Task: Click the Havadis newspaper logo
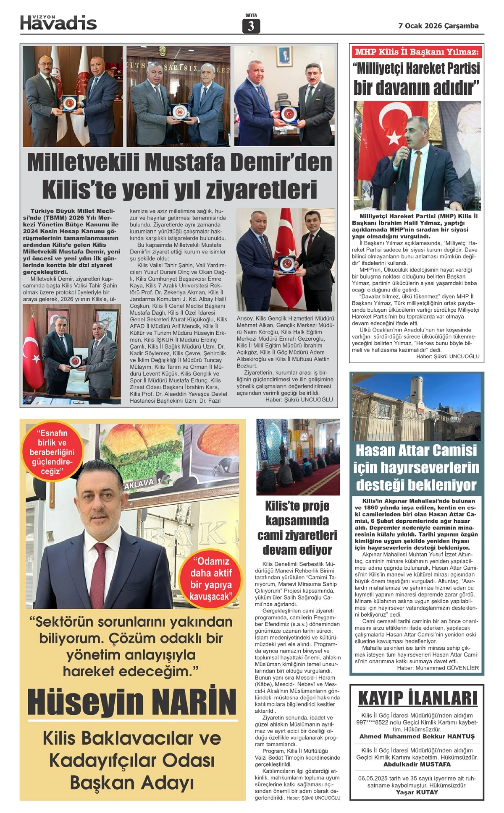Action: tap(58, 23)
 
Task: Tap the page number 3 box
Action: tap(251, 26)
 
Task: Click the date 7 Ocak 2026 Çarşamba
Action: tap(438, 26)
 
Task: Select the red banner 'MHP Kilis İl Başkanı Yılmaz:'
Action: tap(417, 52)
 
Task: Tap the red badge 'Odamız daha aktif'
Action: tap(211, 579)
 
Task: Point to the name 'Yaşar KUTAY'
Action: tap(417, 792)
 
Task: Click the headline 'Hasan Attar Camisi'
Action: tap(416, 451)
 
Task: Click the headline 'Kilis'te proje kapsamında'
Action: tap(297, 513)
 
